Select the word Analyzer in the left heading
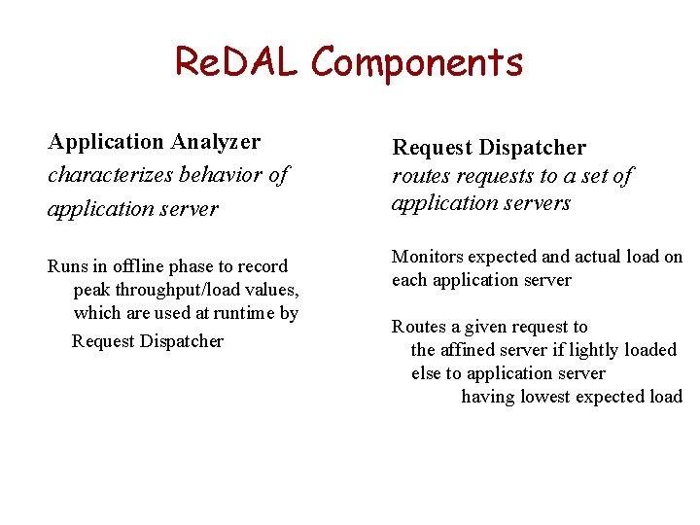tap(216, 142)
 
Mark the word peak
tap(92, 290)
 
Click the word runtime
tap(246, 313)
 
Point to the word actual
tap(604, 257)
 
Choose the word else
tap(426, 373)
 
